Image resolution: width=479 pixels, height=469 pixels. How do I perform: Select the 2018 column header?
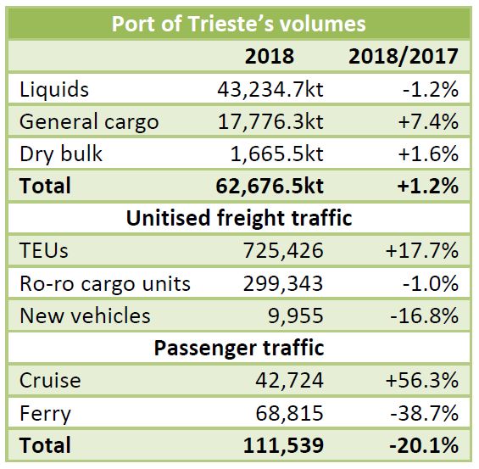pyautogui.click(x=269, y=56)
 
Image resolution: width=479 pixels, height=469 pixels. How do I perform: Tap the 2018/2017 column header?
pyautogui.click(x=404, y=56)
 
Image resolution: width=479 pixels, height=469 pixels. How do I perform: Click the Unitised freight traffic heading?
pyautogui.click(x=239, y=218)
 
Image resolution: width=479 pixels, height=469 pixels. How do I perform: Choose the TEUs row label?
pyautogui.click(x=46, y=250)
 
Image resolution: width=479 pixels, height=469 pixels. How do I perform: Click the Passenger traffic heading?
pyautogui.click(x=239, y=347)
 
